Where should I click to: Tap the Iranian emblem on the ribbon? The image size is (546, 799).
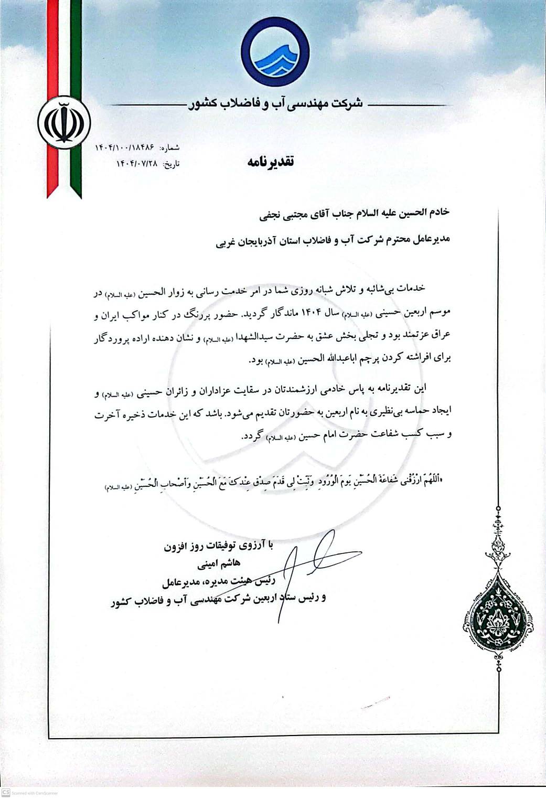[64, 122]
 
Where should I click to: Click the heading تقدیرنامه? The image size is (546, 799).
[270, 162]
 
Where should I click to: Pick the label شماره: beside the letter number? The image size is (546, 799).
[170, 148]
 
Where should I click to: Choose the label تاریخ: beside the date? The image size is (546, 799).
[172, 164]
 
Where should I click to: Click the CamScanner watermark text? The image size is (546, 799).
[34, 793]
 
